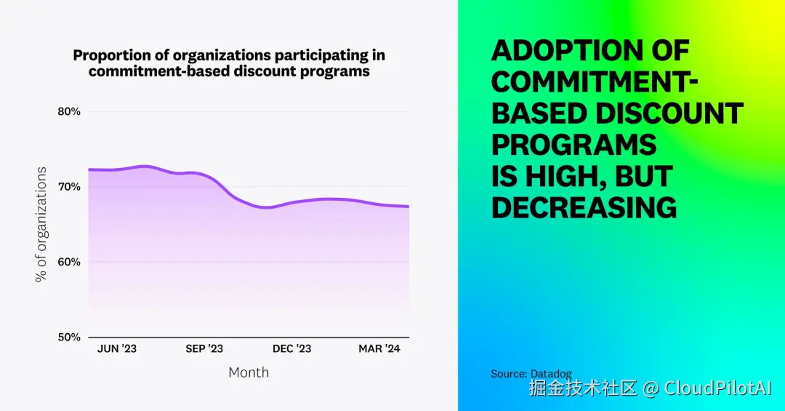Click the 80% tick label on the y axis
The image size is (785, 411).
point(68,112)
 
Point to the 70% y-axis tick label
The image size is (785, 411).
point(68,187)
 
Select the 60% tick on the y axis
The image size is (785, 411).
point(68,262)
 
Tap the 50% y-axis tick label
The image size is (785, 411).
point(68,338)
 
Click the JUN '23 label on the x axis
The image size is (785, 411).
point(117,349)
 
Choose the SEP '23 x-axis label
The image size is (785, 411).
point(204,349)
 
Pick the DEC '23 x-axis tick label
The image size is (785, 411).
point(292,349)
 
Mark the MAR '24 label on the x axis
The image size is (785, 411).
point(379,349)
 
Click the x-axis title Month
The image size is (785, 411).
point(249,372)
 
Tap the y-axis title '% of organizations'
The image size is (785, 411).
point(41,224)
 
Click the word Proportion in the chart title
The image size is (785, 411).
point(106,55)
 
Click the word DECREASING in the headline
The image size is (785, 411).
point(584,208)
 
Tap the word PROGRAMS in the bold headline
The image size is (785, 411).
point(574,145)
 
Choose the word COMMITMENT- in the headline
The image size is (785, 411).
point(595,82)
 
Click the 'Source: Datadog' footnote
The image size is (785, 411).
point(531,374)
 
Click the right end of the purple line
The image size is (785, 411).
point(408,207)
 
